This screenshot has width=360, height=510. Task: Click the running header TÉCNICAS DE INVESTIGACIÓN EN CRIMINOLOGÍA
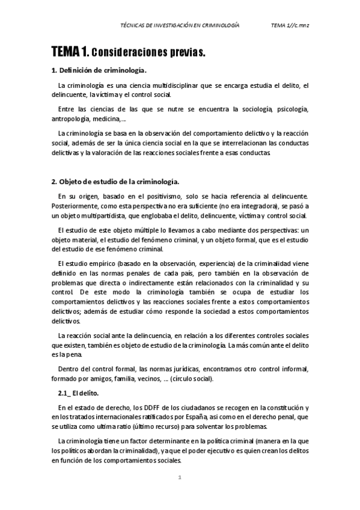pos(180,26)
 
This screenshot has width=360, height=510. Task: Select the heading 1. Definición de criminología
pos(99,70)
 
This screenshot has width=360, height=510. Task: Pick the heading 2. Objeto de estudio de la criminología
pos(115,181)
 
